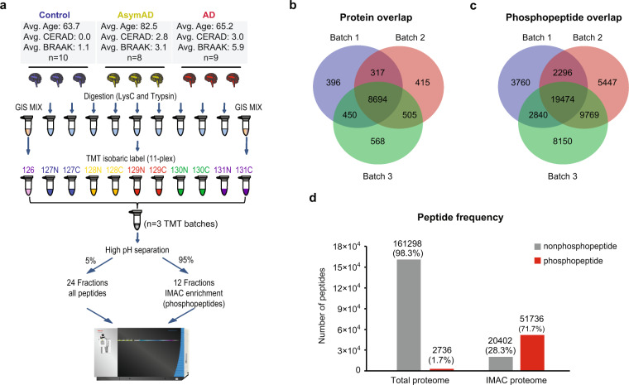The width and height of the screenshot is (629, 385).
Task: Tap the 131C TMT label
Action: (x=243, y=186)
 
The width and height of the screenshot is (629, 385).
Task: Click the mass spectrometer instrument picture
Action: (x=137, y=350)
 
